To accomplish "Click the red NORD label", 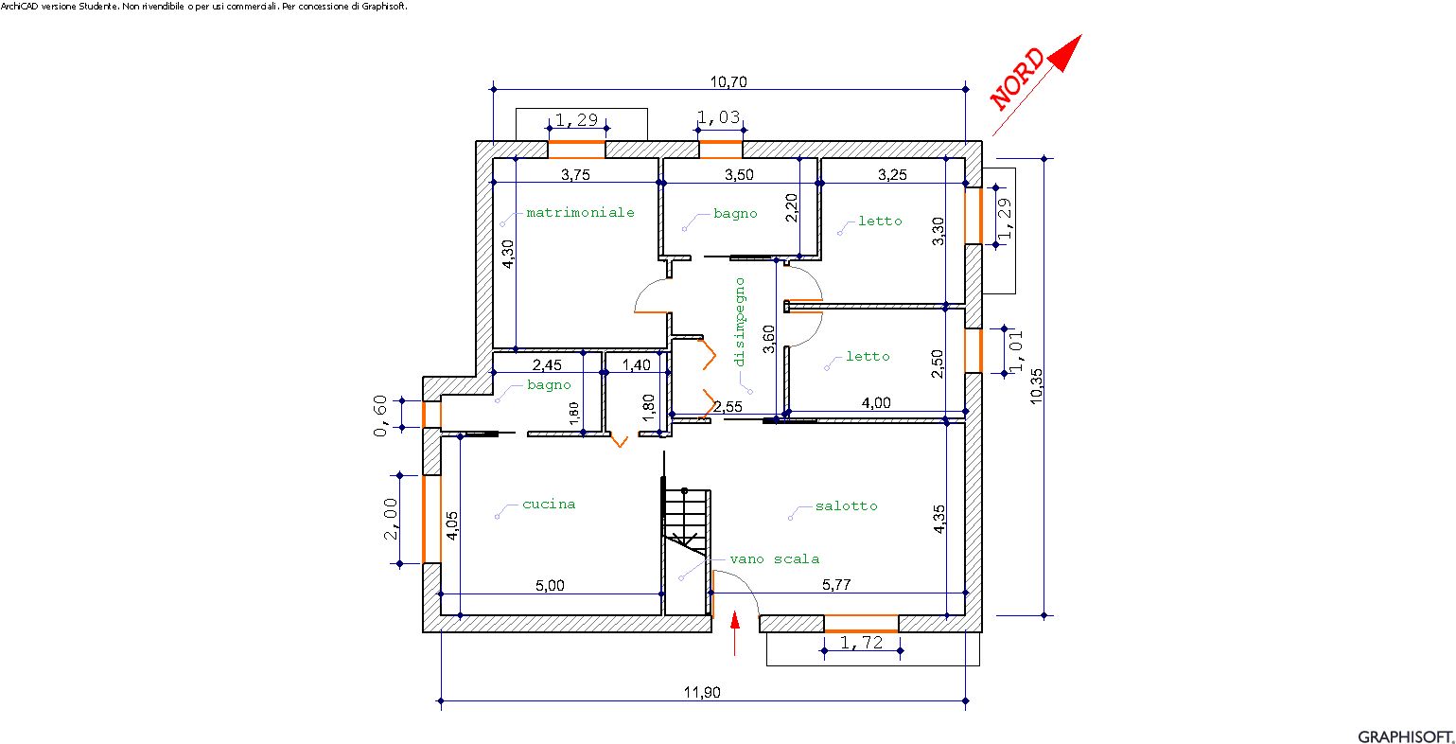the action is (1017, 79).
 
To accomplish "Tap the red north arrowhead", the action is (1065, 52).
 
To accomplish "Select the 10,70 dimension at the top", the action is (728, 82).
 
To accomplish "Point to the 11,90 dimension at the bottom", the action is (702, 692).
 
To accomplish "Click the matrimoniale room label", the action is (581, 213).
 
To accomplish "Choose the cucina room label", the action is (549, 504).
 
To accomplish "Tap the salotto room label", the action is (847, 506).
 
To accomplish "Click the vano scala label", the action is (774, 559).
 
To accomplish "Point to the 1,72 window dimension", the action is (862, 643).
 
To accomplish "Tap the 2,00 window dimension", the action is (390, 519).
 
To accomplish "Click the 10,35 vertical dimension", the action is (1036, 386).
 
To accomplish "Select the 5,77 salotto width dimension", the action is (836, 585).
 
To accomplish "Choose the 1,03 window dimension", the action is (718, 117).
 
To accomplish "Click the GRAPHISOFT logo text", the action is (1403, 736).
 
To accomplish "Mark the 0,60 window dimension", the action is (380, 416).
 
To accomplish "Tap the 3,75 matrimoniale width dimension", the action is (575, 174).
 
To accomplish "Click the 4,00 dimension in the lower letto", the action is (876, 402).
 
